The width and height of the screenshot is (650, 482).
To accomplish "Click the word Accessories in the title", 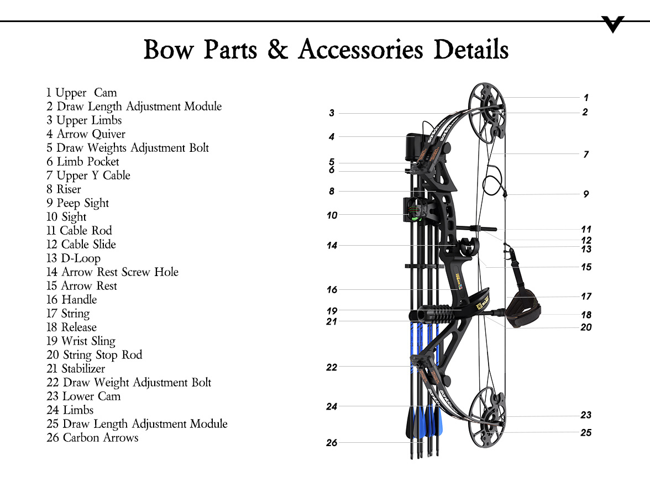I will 360,50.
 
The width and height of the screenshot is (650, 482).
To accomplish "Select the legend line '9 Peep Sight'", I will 78,203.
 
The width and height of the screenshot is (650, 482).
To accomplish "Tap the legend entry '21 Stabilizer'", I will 76,369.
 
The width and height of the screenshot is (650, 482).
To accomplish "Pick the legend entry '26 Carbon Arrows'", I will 92,438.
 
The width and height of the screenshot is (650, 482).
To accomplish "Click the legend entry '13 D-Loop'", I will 74,258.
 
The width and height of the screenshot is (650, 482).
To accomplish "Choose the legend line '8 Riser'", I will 64,189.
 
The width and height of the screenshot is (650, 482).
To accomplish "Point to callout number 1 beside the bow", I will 586,98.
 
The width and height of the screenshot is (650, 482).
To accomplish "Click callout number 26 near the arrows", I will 332,442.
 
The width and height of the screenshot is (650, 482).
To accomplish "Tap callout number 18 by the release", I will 586,315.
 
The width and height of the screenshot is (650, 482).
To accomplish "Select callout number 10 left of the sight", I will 332,215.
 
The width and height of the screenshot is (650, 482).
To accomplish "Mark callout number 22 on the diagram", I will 332,367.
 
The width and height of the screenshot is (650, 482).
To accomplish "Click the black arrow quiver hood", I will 412,145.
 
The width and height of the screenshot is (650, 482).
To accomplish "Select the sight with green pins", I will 412,210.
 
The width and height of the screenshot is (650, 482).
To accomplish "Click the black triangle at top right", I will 613,24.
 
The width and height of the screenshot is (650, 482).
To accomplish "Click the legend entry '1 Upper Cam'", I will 82,93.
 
